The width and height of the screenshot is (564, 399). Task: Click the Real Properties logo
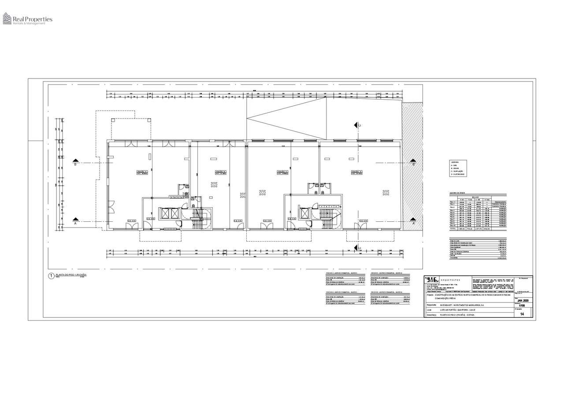point(27,19)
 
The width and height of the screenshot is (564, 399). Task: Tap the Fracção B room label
point(220,172)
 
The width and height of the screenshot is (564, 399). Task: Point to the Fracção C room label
point(282,172)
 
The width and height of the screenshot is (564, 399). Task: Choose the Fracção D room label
point(356,172)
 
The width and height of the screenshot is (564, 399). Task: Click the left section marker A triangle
point(76,219)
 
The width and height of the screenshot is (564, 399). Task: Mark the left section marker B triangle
point(76,160)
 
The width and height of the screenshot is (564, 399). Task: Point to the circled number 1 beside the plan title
point(51,276)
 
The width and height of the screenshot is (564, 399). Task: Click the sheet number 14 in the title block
point(522,314)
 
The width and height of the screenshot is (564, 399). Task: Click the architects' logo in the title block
point(432,280)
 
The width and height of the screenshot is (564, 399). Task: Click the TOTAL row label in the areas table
point(453,229)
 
